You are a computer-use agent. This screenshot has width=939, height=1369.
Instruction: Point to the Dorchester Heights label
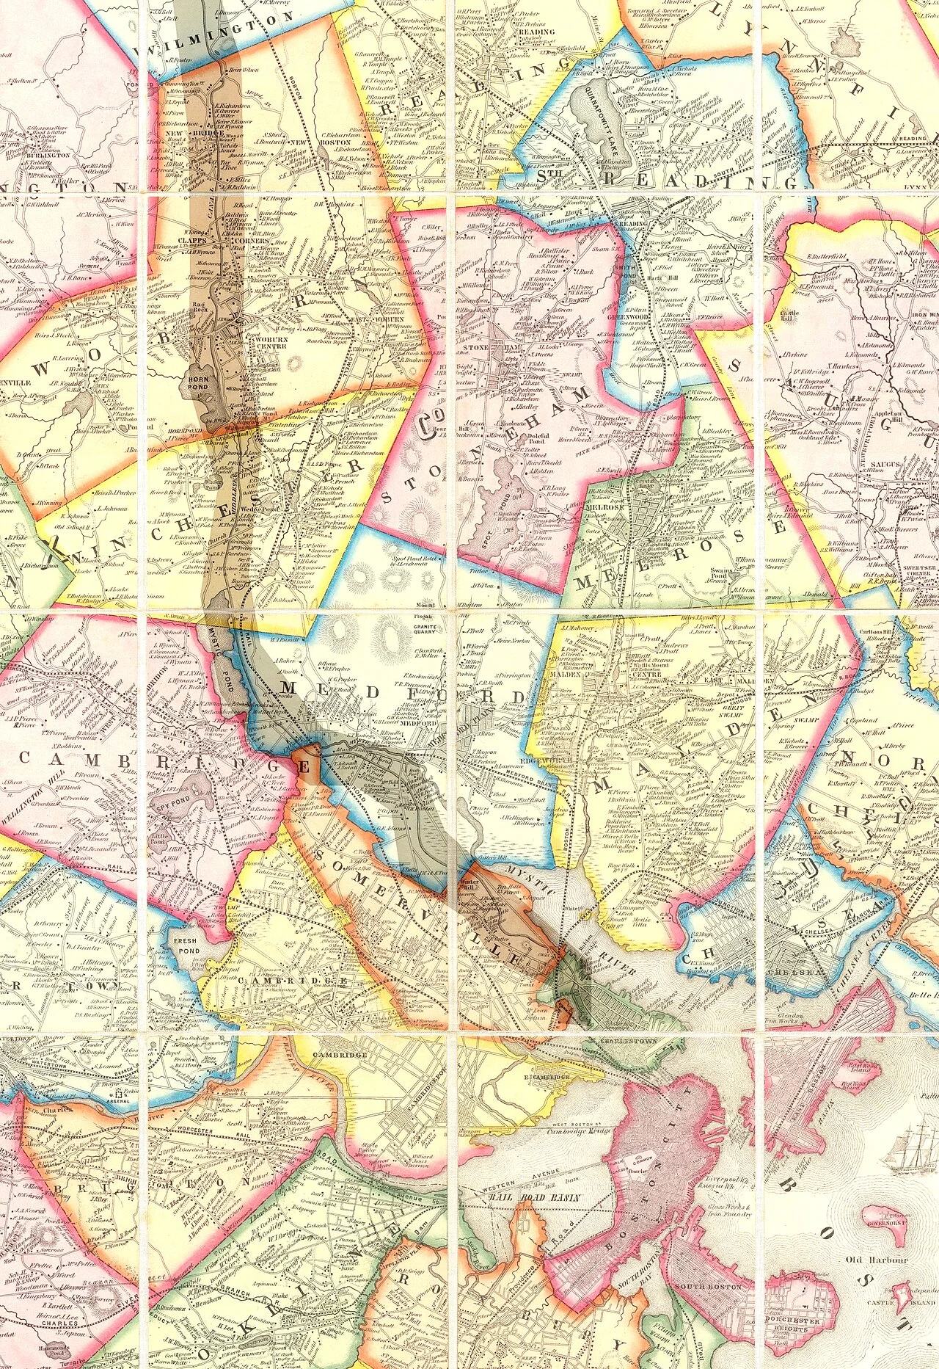[x=801, y=1330]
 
